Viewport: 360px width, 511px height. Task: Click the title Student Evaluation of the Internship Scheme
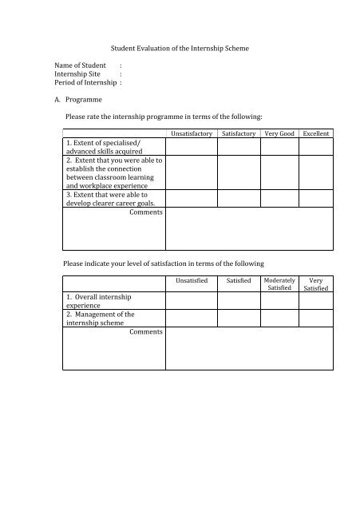(x=180, y=49)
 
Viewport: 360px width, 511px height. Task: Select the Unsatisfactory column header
(x=191, y=133)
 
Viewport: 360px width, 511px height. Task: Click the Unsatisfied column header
(x=192, y=281)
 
